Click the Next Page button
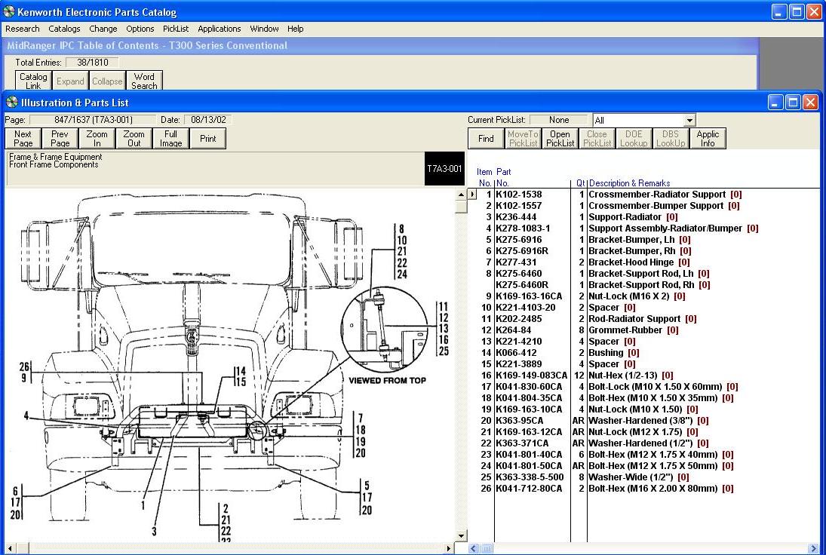pyautogui.click(x=23, y=139)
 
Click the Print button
pyautogui.click(x=208, y=139)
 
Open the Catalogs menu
pyautogui.click(x=64, y=29)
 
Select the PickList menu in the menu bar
pyautogui.click(x=176, y=29)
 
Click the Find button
pyautogui.click(x=486, y=139)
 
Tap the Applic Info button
pyautogui.click(x=708, y=139)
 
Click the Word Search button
pyautogui.click(x=144, y=81)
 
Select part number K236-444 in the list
pyautogui.click(x=516, y=217)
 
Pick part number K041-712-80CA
pyautogui.click(x=528, y=489)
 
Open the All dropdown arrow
pyautogui.click(x=689, y=121)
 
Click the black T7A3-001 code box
pyautogui.click(x=444, y=169)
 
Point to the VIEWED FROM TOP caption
pyautogui.click(x=388, y=380)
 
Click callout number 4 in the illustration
pyautogui.click(x=26, y=415)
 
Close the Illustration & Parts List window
pyautogui.click(x=810, y=103)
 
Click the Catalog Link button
pyautogui.click(x=33, y=81)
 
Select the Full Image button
pyautogui.click(x=170, y=139)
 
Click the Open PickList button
pyautogui.click(x=560, y=139)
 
